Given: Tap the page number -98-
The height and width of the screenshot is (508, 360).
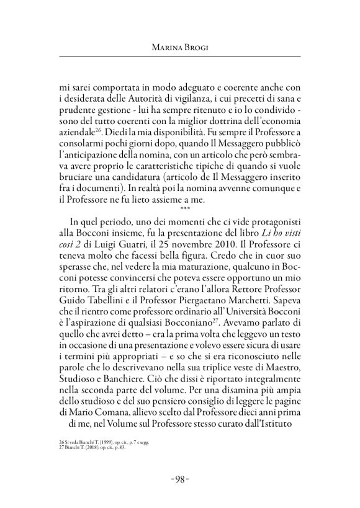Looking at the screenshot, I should [179, 478].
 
